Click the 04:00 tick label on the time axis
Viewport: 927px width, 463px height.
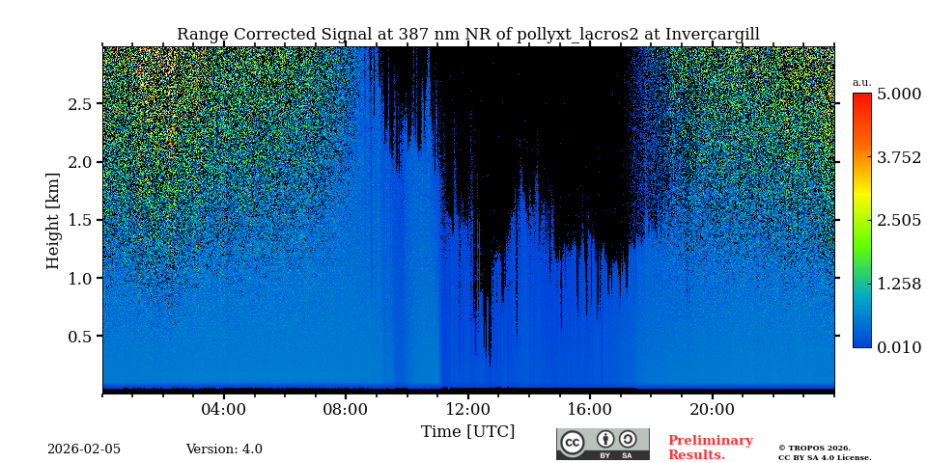click(224, 410)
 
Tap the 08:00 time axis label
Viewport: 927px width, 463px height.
click(346, 410)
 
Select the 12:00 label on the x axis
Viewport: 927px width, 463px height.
click(467, 410)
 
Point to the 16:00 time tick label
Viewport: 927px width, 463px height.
click(589, 410)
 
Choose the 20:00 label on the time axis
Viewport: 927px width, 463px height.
click(712, 410)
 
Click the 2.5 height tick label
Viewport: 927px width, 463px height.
click(80, 104)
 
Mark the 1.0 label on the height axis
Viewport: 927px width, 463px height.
click(80, 279)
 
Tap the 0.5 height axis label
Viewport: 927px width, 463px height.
click(80, 337)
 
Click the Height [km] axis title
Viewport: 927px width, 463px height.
click(53, 221)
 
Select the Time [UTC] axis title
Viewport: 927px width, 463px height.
click(467, 432)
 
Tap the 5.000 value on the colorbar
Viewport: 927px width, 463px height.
click(899, 95)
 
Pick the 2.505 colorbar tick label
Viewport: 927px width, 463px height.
click(899, 221)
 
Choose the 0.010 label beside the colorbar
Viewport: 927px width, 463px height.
click(899, 347)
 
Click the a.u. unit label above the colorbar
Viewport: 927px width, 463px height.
click(861, 83)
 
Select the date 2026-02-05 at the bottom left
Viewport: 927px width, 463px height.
click(84, 449)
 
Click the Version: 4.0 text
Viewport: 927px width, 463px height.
click(224, 449)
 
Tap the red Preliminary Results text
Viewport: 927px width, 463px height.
click(710, 448)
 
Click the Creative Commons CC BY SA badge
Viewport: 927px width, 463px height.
click(603, 444)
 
